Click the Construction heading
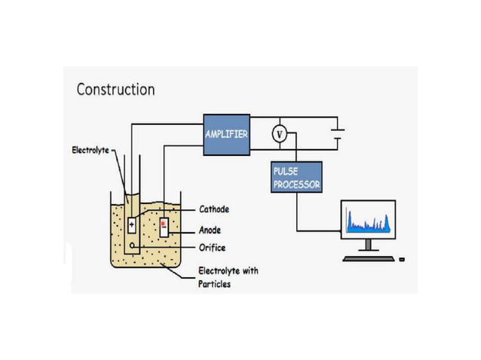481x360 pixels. pos(115,89)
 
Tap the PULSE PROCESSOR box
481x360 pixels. pos(296,177)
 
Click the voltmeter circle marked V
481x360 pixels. pos(279,134)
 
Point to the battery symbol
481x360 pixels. pos(339,134)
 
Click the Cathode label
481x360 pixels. pos(213,209)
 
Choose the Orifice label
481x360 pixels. pos(211,247)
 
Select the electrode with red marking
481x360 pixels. pos(164,226)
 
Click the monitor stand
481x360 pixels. pos(367,245)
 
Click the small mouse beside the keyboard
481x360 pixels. pos(402,259)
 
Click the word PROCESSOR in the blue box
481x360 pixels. pos(296,184)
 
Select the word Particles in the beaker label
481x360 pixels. pos(216,284)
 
